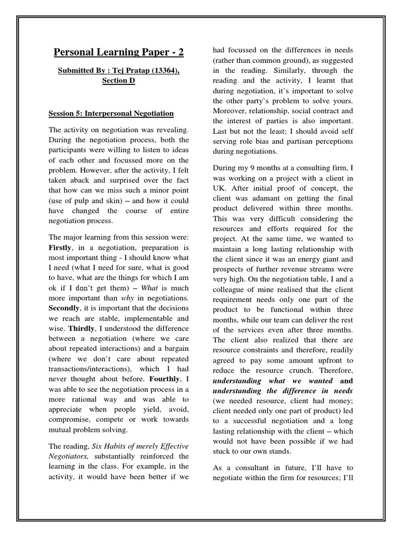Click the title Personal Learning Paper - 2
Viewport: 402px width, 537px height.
click(119, 52)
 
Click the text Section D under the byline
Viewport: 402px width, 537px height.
click(118, 81)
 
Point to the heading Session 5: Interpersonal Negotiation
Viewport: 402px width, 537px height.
click(111, 113)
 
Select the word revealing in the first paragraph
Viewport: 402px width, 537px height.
click(172, 130)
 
